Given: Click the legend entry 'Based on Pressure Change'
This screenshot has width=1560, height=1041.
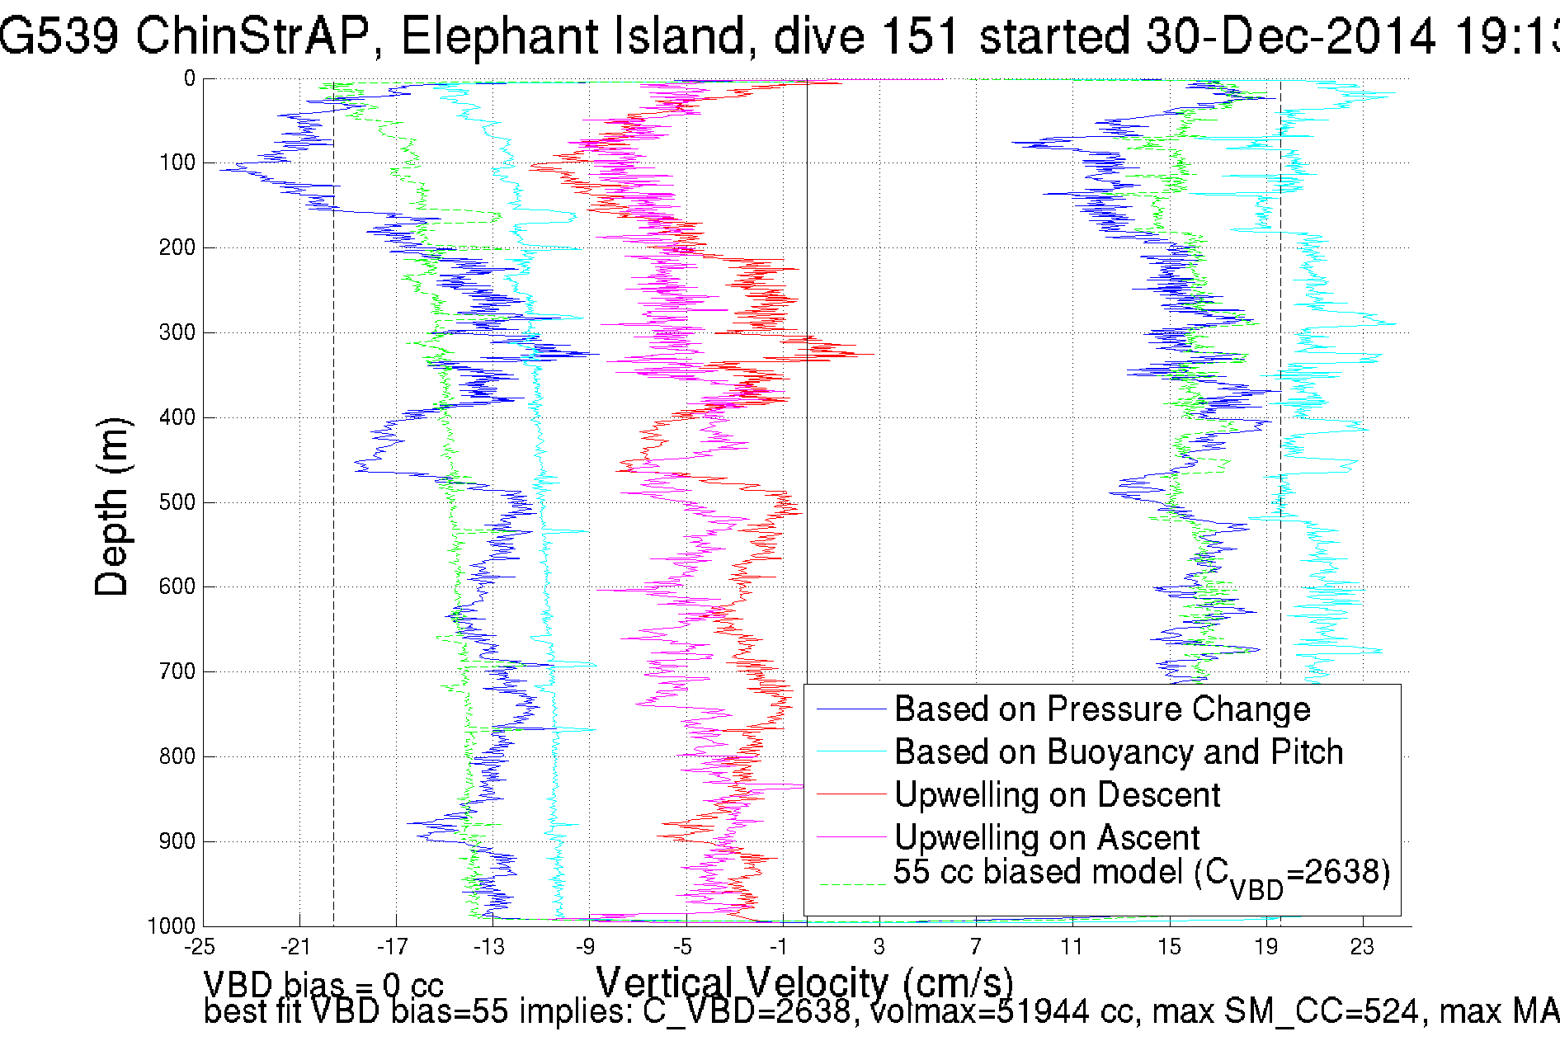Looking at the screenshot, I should pyautogui.click(x=1102, y=709).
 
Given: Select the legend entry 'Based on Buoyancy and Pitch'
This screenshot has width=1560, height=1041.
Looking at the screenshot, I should pyautogui.click(x=1119, y=752).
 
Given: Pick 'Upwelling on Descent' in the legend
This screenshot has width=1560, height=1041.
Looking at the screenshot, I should pyautogui.click(x=1057, y=795).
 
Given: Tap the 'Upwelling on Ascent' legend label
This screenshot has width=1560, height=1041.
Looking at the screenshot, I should pyautogui.click(x=1047, y=838).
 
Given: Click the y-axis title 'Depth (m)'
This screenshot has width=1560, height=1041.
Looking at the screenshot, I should pyautogui.click(x=112, y=506).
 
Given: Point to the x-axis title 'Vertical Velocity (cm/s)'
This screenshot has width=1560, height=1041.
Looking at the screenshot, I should pyautogui.click(x=804, y=982).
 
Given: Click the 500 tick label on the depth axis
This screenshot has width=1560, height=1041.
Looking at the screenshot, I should pyautogui.click(x=177, y=502).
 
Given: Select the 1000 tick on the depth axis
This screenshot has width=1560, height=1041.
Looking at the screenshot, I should pyautogui.click(x=172, y=926).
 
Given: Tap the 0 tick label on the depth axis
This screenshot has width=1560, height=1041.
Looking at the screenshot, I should pyautogui.click(x=190, y=78).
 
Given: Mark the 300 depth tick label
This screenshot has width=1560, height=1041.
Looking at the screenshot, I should pyautogui.click(x=177, y=332).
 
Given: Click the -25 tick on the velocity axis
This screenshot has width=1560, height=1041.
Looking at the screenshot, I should pyautogui.click(x=200, y=947).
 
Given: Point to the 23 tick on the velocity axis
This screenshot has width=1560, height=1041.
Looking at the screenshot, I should pyautogui.click(x=1362, y=947).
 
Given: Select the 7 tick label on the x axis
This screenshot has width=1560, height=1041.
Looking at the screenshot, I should pyautogui.click(x=976, y=947).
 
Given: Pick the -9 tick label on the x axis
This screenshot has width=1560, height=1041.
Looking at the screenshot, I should pyautogui.click(x=585, y=947).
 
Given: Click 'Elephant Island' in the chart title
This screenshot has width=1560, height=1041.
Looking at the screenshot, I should pyautogui.click(x=573, y=36).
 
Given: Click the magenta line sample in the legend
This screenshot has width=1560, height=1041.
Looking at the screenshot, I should pyautogui.click(x=851, y=838).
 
